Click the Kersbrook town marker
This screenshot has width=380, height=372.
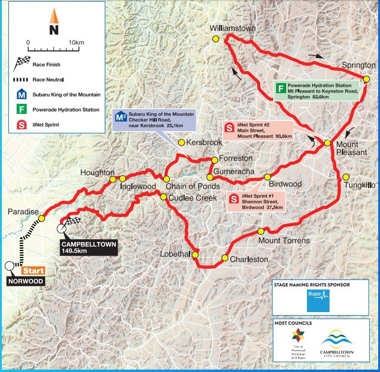(x=182, y=143)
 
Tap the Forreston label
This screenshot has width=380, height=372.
(x=236, y=159)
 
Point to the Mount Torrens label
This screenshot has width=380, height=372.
(x=283, y=241)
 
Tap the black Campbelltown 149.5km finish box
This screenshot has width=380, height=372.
(x=90, y=247)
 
